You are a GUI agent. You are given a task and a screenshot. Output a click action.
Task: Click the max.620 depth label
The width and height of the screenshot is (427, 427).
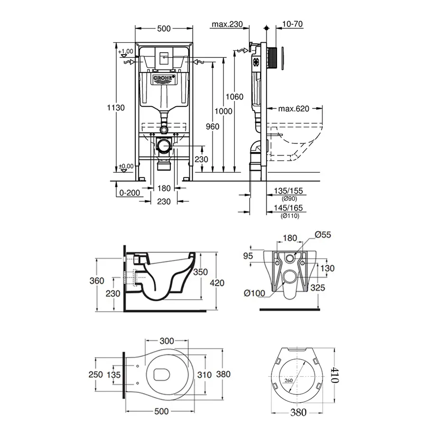click(294, 109)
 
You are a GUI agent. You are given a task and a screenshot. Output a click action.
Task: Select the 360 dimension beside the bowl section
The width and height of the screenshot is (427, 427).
click(96, 281)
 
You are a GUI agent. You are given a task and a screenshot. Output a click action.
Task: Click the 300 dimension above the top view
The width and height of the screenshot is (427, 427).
click(166, 341)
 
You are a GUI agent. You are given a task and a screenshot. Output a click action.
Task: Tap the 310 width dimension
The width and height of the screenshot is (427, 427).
click(204, 374)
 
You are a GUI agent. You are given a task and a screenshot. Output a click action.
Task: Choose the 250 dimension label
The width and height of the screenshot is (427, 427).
click(96, 374)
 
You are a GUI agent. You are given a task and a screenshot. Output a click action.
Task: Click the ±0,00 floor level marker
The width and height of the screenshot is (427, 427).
click(126, 166)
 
